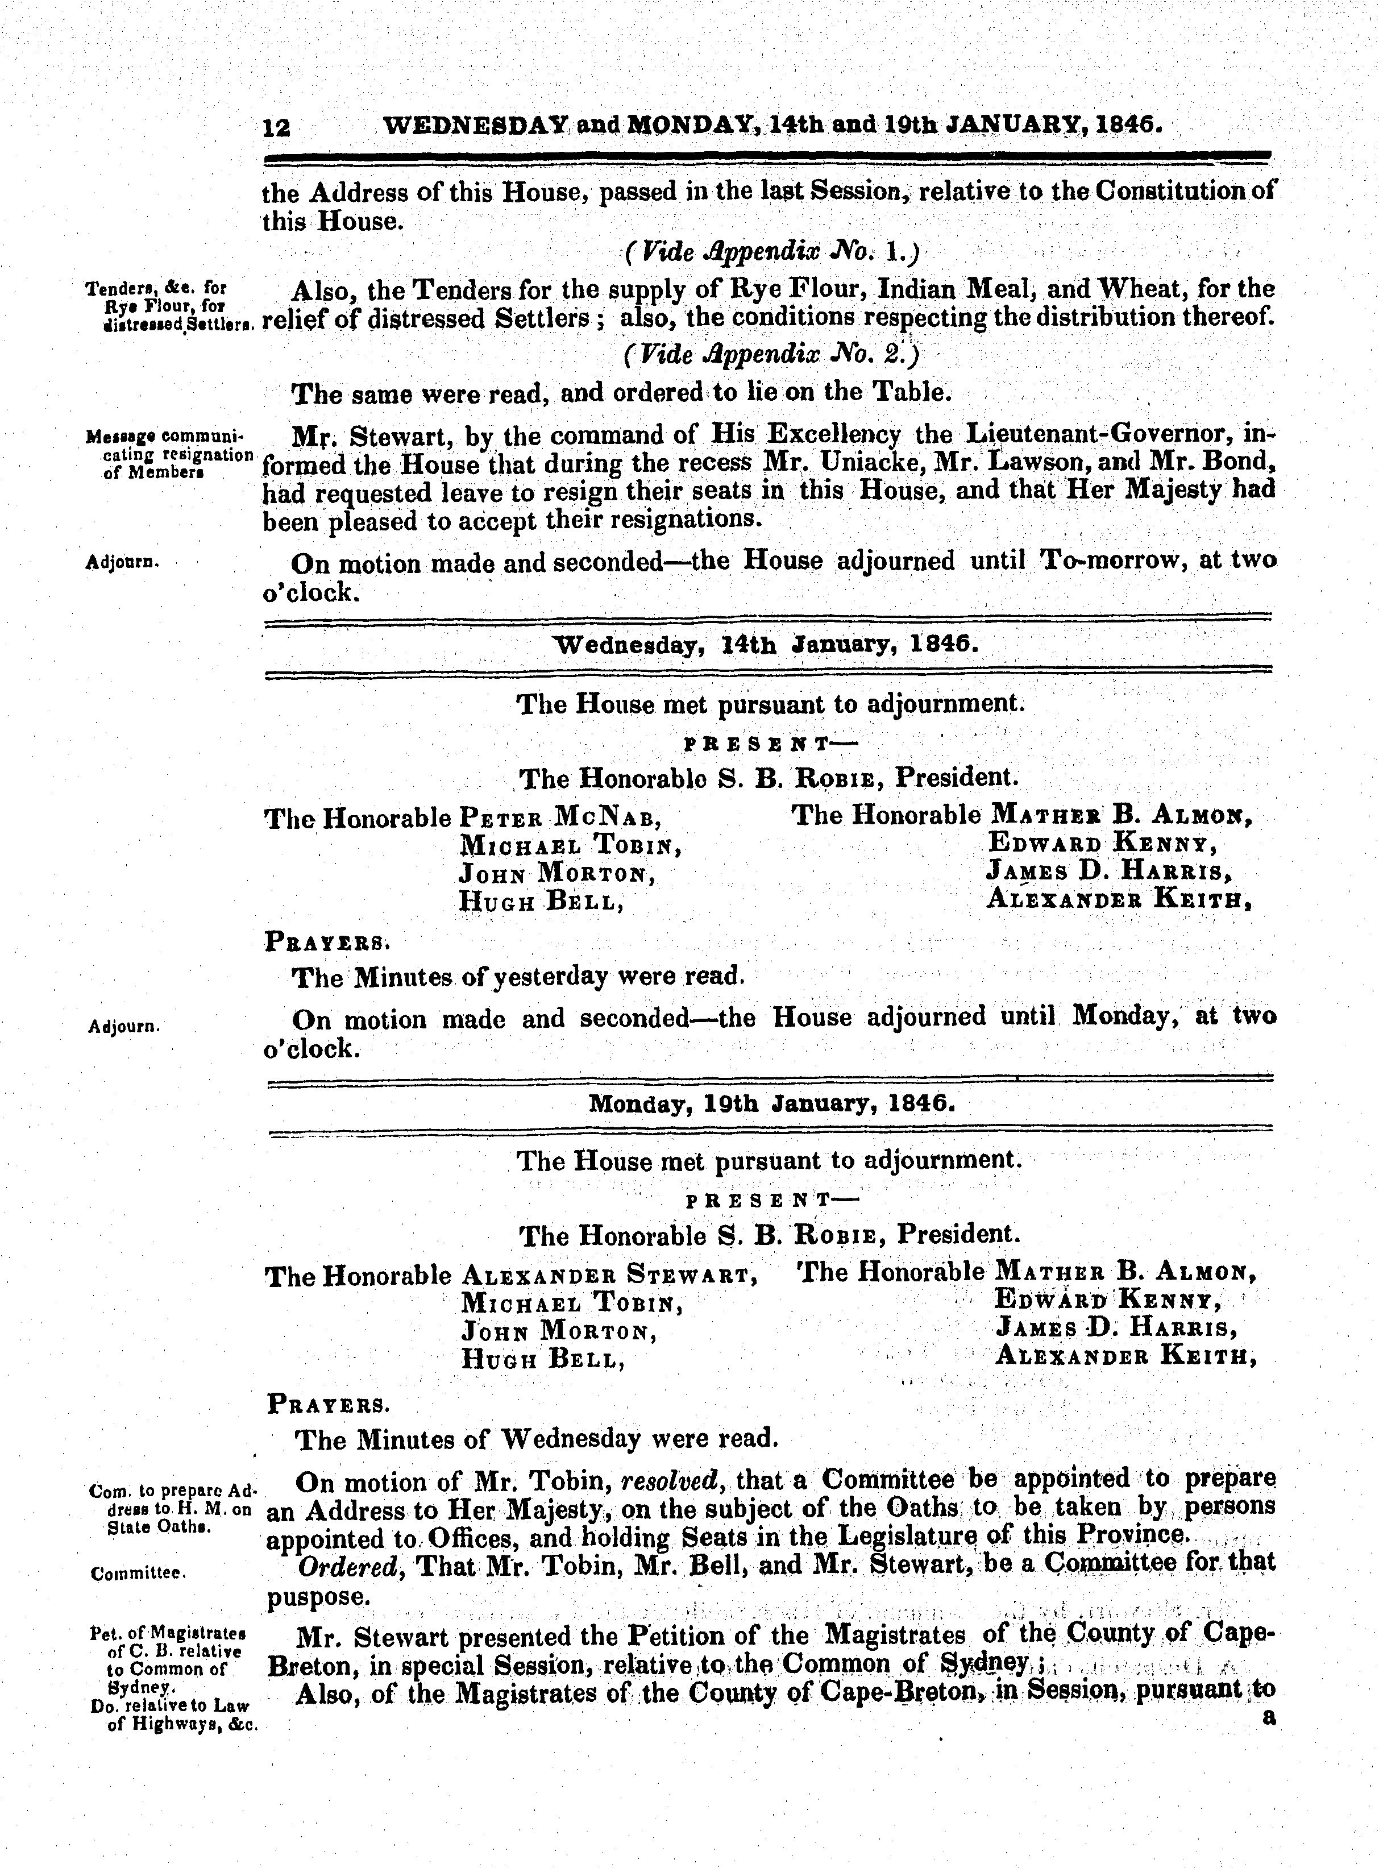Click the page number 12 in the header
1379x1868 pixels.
[276, 127]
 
